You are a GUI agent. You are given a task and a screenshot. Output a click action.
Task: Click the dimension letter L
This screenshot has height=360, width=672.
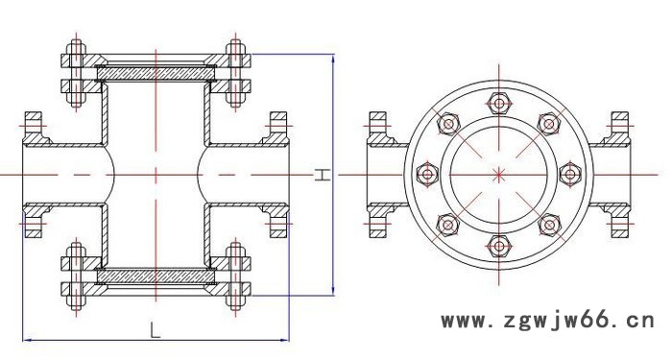(155, 330)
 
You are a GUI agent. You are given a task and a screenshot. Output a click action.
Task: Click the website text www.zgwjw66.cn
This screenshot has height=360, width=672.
(548, 320)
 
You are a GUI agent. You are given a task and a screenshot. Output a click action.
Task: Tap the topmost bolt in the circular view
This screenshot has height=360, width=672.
(499, 104)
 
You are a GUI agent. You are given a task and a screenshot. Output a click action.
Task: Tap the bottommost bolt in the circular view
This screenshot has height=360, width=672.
(499, 246)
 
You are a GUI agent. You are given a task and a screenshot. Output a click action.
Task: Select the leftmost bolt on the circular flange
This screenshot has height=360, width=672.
(427, 175)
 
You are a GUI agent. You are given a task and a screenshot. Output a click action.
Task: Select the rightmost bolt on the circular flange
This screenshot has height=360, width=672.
(570, 175)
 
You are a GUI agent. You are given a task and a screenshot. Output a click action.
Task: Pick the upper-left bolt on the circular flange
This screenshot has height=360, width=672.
(448, 124)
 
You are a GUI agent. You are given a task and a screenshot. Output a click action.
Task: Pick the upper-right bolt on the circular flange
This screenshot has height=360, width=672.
(549, 124)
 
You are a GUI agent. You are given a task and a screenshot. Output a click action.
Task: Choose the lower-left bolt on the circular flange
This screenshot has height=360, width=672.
(448, 225)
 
